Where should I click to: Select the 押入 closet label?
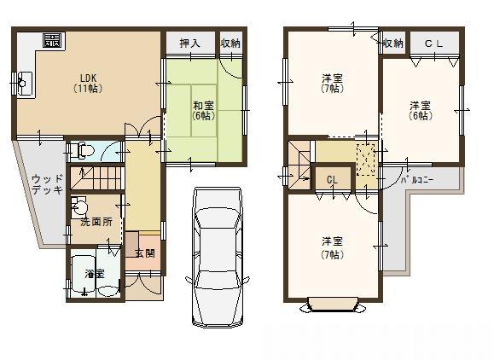[189, 44]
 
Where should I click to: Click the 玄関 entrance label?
[144, 253]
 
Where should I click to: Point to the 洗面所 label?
[96, 222]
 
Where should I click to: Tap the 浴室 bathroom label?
[94, 274]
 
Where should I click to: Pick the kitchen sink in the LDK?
[23, 83]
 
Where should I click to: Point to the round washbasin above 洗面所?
[80, 206]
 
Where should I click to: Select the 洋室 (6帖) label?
[418, 111]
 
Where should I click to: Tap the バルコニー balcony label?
[420, 181]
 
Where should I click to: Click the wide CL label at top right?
[433, 44]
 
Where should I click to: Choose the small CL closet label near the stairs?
[332, 181]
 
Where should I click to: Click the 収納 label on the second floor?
[392, 44]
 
